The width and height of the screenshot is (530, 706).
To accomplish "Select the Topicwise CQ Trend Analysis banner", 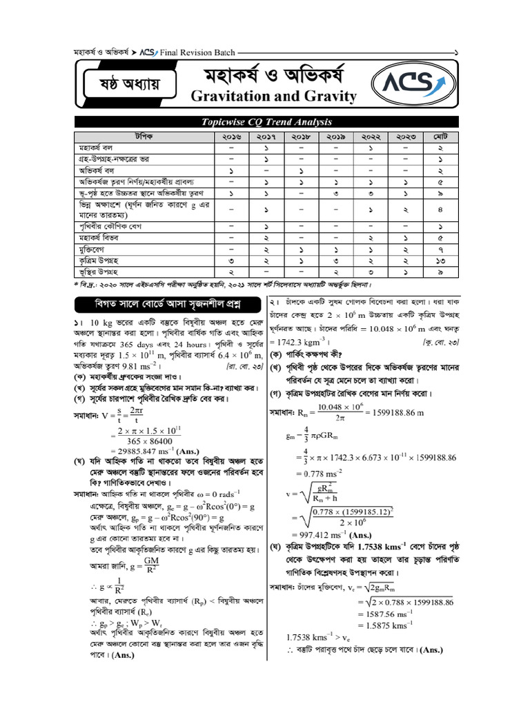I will (x=266, y=122).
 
